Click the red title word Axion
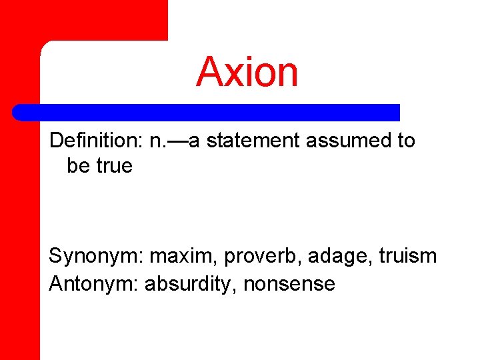point(247,72)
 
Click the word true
point(115,166)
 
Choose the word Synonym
point(96,256)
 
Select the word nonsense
point(289,284)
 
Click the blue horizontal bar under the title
point(207,112)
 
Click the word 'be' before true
point(79,166)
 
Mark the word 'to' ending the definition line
point(405,141)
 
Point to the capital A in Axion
point(211,72)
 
